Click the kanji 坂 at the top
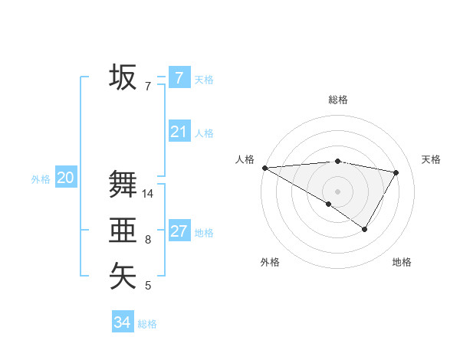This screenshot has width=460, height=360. click(x=123, y=77)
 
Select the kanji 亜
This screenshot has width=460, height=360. click(x=123, y=230)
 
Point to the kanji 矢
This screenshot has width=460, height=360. click(x=123, y=276)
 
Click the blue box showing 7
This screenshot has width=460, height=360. click(x=179, y=77)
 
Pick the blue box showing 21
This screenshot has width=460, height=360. click(x=179, y=132)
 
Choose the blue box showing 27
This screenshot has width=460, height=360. click(x=179, y=231)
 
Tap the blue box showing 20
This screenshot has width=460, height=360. click(x=65, y=178)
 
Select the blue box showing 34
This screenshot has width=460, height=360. click(x=122, y=322)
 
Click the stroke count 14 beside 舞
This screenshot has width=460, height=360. click(x=148, y=194)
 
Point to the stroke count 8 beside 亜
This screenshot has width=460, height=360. click(x=148, y=241)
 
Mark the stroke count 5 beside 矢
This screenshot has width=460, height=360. click(x=148, y=286)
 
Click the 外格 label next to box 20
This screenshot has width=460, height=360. click(x=41, y=179)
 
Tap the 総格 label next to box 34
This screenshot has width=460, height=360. click(x=147, y=324)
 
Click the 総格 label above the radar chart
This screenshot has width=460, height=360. click(x=337, y=100)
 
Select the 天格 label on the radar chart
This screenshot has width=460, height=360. click(x=431, y=159)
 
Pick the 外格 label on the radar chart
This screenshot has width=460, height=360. click(x=270, y=263)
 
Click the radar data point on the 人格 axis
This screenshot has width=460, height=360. click(x=264, y=168)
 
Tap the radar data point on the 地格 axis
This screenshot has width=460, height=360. click(x=365, y=229)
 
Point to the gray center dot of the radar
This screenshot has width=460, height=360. click(x=337, y=191)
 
